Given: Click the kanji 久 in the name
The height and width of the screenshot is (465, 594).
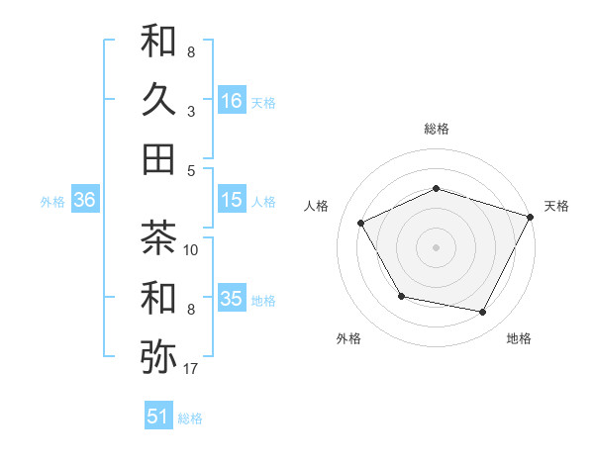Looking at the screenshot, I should [158, 100].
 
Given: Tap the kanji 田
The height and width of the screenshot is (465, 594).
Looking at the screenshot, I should [158, 158].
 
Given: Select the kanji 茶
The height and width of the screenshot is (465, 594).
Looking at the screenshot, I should [158, 238].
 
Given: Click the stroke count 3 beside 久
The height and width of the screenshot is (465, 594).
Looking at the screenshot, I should [191, 111].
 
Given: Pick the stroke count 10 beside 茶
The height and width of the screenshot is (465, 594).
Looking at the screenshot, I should [192, 250].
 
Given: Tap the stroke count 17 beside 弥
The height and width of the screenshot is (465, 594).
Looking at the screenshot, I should [192, 369].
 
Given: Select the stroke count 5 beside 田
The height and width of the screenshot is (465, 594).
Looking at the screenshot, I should [191, 169].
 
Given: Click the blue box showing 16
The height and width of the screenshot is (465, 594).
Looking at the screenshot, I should [232, 100].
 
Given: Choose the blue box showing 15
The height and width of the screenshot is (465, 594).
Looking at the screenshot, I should [232, 200].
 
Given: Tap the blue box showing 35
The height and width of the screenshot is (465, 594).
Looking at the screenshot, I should [232, 299].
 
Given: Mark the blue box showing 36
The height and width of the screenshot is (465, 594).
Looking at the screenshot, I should [85, 200].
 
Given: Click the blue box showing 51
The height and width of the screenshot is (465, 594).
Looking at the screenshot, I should [158, 417].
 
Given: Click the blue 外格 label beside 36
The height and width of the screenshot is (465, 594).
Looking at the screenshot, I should [52, 202].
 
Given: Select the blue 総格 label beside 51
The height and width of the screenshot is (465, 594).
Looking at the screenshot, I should [190, 418].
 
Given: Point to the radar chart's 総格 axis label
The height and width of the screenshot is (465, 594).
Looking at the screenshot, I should [437, 129].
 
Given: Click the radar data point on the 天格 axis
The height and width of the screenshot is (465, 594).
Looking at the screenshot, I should [532, 216].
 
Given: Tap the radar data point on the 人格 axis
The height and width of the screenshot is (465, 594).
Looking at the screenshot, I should [360, 223].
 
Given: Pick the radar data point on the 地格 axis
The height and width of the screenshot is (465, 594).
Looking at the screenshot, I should [483, 312].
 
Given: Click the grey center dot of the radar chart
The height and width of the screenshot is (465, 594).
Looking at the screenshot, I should [437, 246].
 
